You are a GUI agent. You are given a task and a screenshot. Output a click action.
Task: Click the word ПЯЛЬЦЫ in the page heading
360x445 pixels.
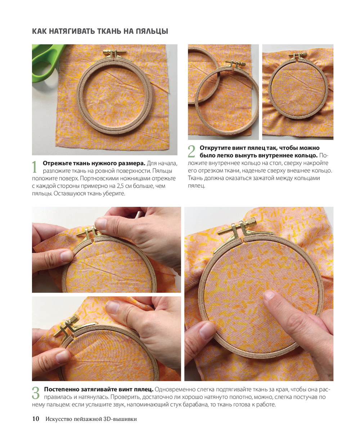[152, 31]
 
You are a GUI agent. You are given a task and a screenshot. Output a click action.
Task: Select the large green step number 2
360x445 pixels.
[192, 151]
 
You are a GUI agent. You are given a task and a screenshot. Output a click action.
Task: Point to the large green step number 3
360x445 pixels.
[36, 393]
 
